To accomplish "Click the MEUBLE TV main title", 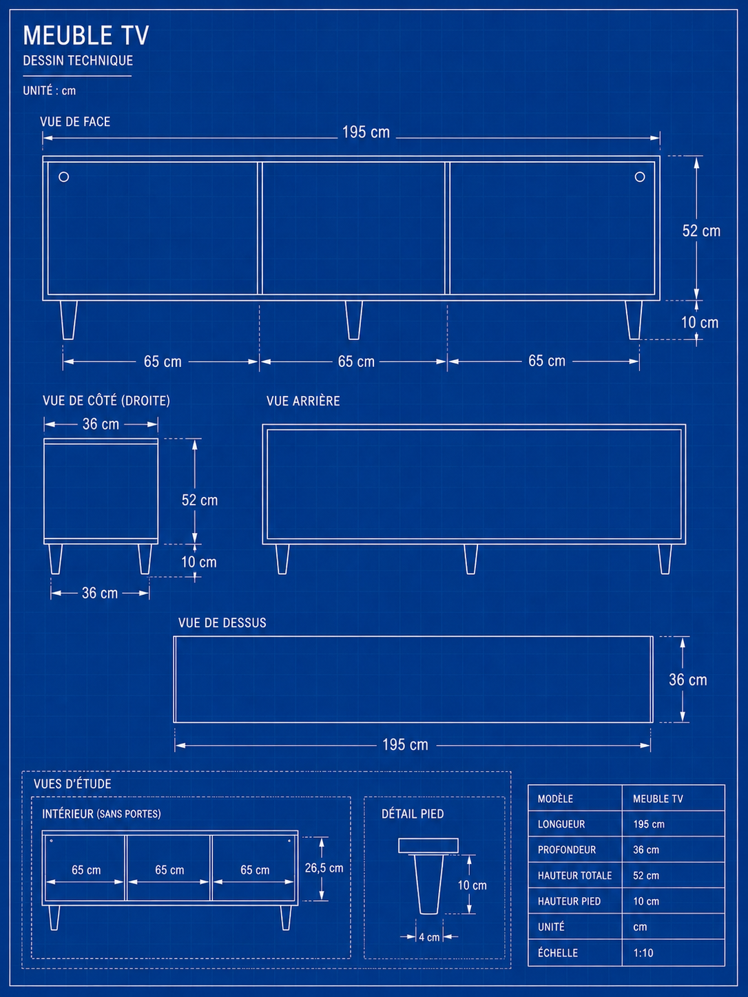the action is click(86, 35).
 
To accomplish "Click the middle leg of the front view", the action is click(354, 320).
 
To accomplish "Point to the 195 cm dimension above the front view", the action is click(366, 132).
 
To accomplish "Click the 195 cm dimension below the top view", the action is click(405, 745).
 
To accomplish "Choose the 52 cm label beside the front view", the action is click(701, 231).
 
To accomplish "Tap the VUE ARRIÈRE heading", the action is click(303, 401).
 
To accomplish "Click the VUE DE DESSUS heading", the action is click(222, 622).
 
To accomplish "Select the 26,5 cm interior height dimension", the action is click(324, 868).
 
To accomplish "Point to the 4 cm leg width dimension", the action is click(429, 937).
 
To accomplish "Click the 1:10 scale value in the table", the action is click(643, 953).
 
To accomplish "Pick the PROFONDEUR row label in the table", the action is click(566, 850).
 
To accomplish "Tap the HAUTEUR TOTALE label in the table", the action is click(574, 876).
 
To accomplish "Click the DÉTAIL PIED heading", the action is click(413, 814).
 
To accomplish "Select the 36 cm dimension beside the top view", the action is click(687, 680).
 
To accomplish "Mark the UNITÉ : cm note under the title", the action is click(50, 90).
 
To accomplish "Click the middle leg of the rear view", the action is click(471, 559).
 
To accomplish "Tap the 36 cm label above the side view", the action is click(101, 424).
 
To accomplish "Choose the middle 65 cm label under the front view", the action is click(356, 361).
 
